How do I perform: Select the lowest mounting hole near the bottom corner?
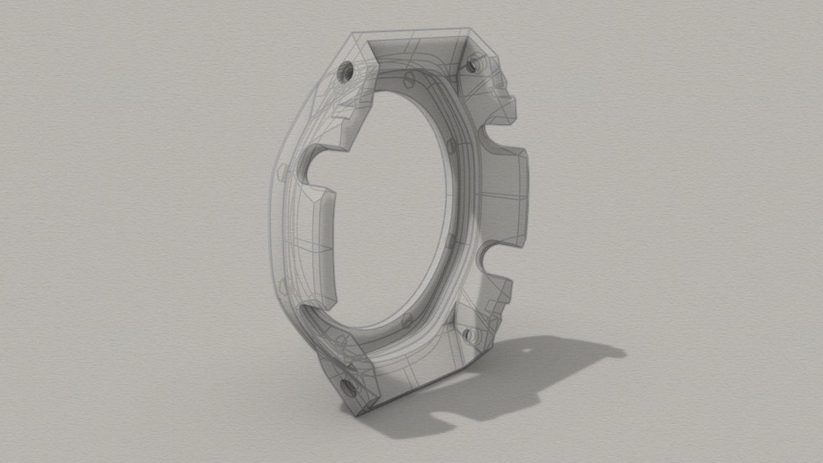coord(348,386)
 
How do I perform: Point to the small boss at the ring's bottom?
coord(406,320)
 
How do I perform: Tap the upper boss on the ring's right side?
coord(451,145)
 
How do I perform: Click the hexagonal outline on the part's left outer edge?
coord(281,172)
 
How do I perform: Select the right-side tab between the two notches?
coord(508,199)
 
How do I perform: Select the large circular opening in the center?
coord(392,206)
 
